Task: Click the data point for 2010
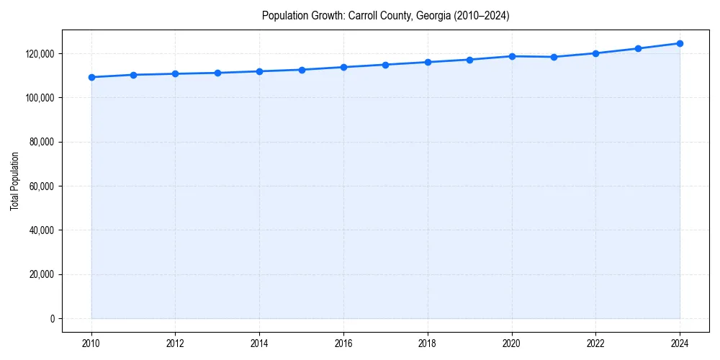tap(91, 77)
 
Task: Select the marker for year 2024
tap(680, 43)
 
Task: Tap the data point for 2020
tap(512, 56)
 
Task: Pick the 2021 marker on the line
tap(554, 57)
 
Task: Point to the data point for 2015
tap(302, 70)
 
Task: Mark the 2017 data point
tap(386, 65)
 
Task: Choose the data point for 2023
tap(638, 48)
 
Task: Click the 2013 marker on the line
tap(217, 73)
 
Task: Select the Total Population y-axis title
tap(14, 181)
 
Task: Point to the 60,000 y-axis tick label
tap(42, 186)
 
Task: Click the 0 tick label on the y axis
tap(52, 319)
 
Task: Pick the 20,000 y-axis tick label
tap(42, 275)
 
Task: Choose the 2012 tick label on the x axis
tap(176, 343)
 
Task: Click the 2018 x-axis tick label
tap(428, 343)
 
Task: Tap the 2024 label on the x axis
tap(680, 343)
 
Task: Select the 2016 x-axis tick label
tap(343, 343)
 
